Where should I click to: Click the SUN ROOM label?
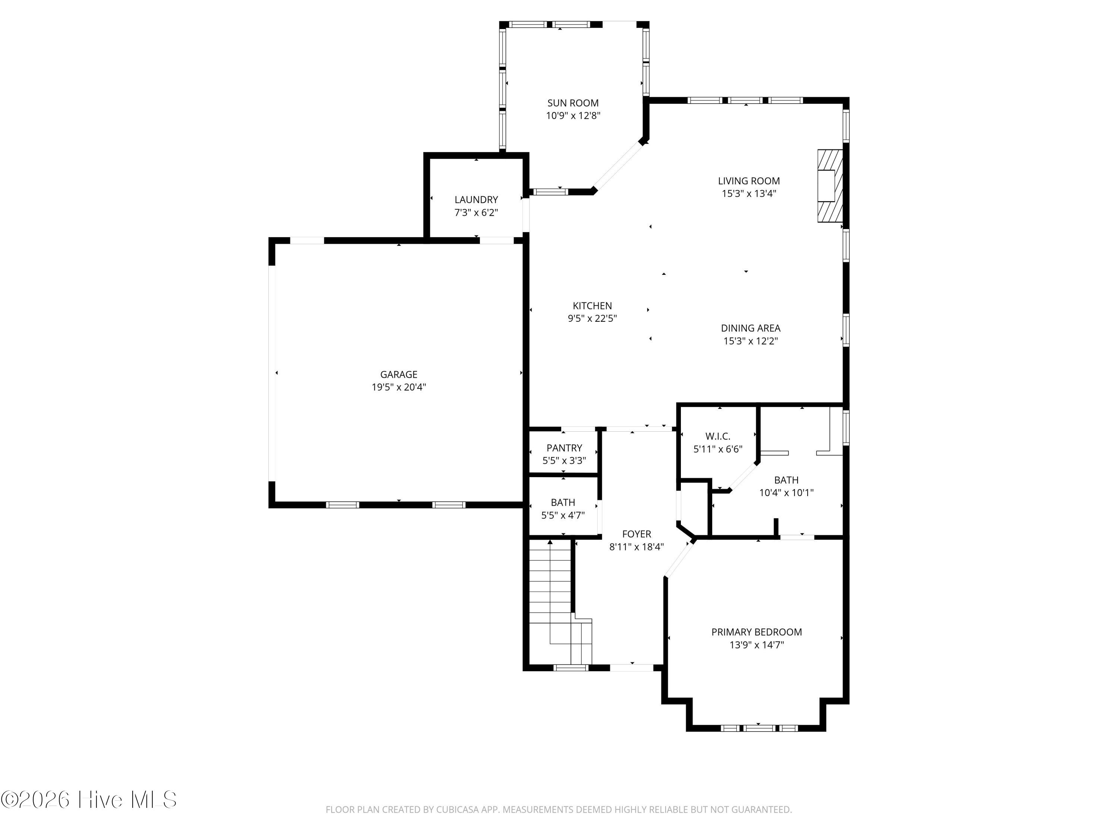[573, 103]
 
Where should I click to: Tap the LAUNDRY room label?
[476, 200]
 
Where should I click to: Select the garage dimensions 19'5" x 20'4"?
[399, 387]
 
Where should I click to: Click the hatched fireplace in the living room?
[830, 185]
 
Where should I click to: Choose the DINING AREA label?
[750, 328]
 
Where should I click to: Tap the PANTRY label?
[564, 448]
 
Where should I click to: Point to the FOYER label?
[637, 534]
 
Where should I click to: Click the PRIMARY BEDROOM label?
[756, 632]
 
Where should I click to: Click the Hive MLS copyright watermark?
[89, 800]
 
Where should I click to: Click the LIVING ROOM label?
[749, 181]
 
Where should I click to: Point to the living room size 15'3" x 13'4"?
[749, 193]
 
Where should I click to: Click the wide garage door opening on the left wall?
[272, 373]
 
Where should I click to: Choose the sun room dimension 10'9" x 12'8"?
[573, 116]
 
